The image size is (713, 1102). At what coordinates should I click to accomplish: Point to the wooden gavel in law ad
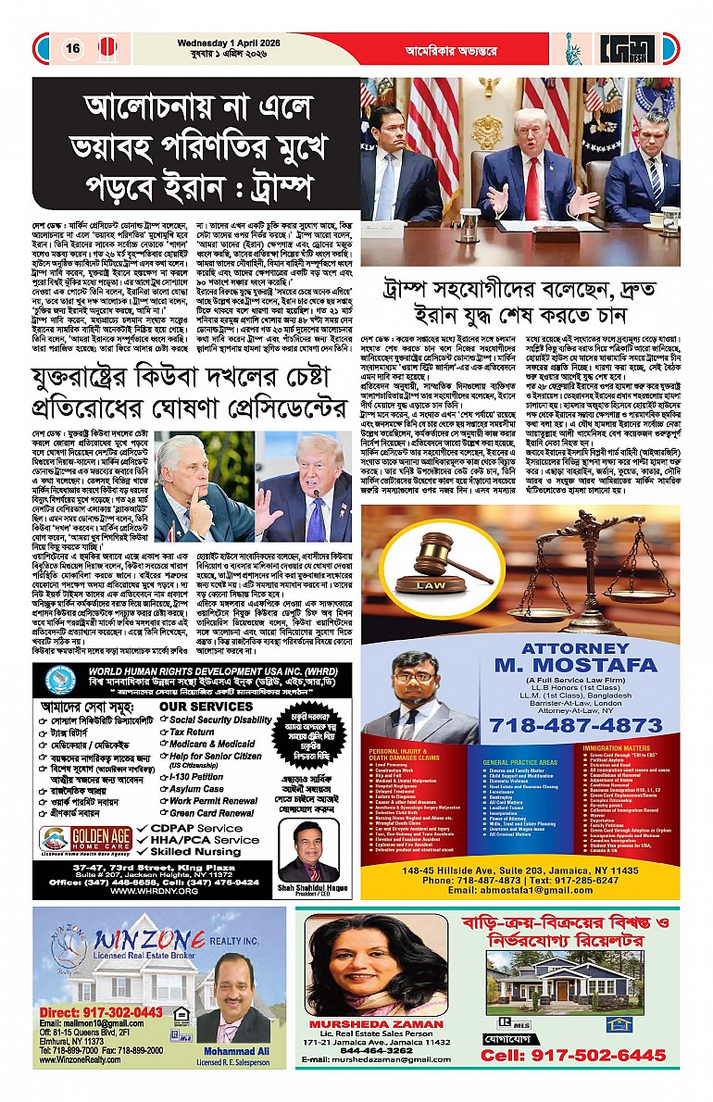tap(443, 556)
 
